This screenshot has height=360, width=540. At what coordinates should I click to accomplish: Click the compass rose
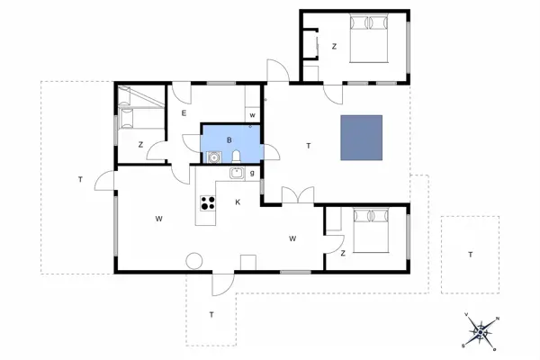[481, 332]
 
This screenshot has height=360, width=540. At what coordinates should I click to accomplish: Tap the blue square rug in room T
[361, 138]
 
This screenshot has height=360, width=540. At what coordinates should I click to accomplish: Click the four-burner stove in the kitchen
[207, 203]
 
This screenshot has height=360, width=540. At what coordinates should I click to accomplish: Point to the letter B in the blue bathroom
[229, 139]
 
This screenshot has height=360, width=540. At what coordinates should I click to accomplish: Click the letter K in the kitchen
[238, 202]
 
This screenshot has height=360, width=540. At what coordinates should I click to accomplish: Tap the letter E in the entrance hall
[183, 112]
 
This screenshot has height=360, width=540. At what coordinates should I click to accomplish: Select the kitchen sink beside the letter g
[236, 174]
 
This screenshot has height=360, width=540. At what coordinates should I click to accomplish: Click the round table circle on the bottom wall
[193, 262]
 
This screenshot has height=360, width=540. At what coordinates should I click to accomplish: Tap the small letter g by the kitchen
[252, 173]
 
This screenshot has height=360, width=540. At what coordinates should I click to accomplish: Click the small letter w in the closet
[252, 114]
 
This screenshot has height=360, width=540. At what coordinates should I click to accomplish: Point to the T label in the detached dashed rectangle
[470, 255]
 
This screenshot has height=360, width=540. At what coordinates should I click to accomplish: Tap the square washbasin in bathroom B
[213, 157]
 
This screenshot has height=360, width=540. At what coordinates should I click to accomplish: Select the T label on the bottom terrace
[211, 314]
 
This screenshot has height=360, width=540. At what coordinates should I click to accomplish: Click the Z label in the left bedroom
[140, 144]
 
